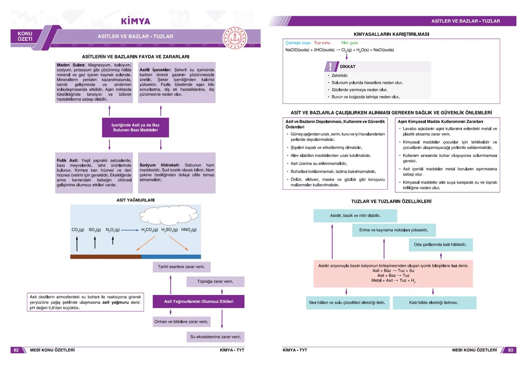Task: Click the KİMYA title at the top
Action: pos(136,21)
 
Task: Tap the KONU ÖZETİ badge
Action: pos(25,36)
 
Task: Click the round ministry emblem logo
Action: pos(235,38)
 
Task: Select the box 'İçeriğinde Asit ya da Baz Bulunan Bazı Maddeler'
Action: pos(135,127)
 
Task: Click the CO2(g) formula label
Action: pos(78,230)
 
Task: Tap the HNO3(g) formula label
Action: pos(189,230)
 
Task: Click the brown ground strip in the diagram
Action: pos(106,257)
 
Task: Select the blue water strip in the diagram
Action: pos(171,257)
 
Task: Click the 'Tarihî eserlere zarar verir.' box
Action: pos(181,267)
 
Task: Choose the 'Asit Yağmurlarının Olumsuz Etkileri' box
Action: pos(198,302)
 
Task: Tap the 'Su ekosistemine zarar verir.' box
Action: pos(215,337)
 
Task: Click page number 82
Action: pos(16,350)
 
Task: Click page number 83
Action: pos(510,350)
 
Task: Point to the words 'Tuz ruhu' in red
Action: pos(322,43)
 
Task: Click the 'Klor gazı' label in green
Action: pos(349,43)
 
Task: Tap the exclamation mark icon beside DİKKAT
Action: pos(330,66)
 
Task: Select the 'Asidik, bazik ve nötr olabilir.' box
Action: pos(355,216)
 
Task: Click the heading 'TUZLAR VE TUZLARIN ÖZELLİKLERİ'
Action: pos(391,201)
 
